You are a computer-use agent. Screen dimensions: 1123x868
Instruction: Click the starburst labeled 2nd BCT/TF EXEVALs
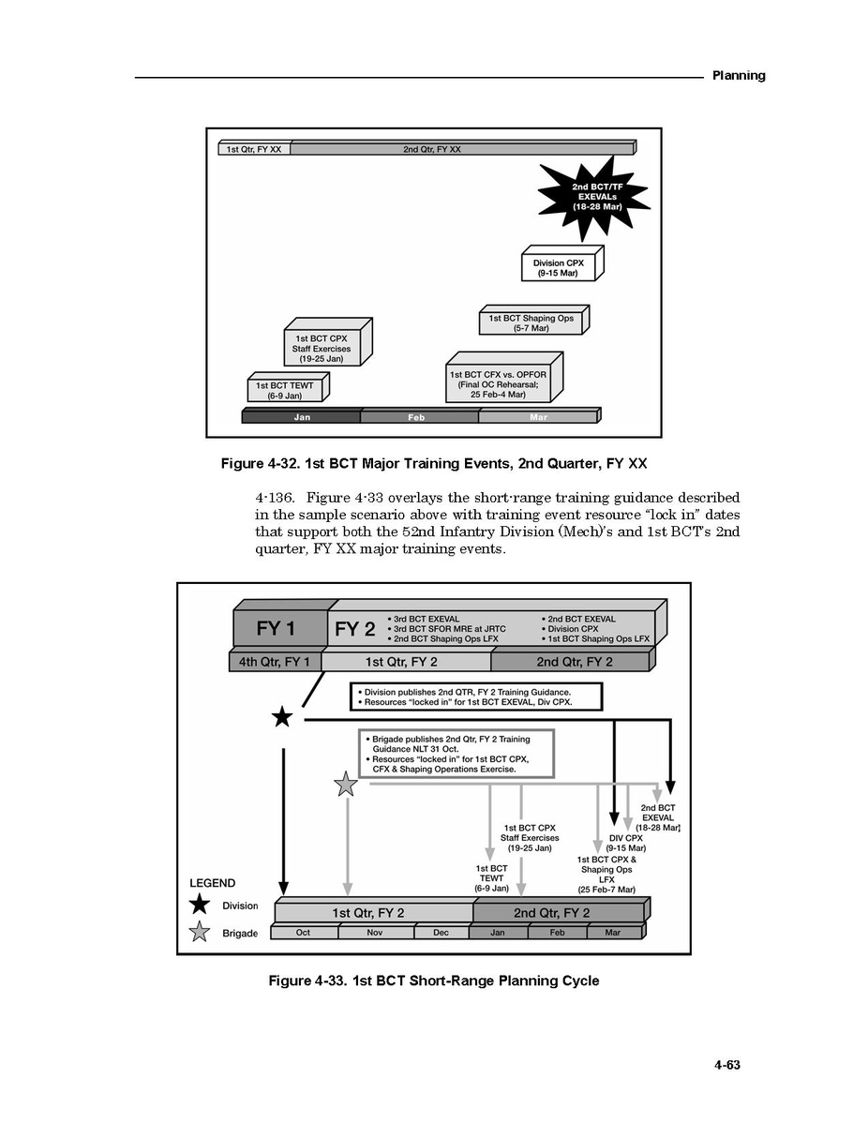coord(592,198)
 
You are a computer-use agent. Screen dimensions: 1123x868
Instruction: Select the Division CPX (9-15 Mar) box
coord(559,268)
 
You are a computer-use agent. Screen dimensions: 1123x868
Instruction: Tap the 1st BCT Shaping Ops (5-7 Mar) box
coord(531,323)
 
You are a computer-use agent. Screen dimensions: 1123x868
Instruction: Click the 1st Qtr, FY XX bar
coord(255,149)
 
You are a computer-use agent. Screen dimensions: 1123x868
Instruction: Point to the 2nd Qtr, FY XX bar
coord(461,149)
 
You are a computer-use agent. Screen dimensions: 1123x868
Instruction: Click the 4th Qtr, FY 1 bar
coord(274,662)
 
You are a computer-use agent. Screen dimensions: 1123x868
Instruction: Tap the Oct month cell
coord(304,933)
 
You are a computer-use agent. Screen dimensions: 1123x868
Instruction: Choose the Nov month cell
coord(375,933)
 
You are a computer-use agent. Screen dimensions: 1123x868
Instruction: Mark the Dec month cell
coord(441,933)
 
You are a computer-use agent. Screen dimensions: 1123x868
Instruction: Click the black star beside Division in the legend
coord(199,905)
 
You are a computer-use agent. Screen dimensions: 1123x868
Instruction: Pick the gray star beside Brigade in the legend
coord(199,933)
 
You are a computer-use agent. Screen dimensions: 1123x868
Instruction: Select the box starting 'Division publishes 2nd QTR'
coord(474,696)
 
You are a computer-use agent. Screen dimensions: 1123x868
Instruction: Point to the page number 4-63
coord(727,1065)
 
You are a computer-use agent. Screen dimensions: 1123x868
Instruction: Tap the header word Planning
coord(739,76)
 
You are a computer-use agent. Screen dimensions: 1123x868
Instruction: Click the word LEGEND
coord(213,883)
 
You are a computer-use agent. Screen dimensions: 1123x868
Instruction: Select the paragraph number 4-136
coord(274,498)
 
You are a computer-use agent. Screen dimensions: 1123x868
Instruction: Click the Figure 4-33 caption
coord(433,981)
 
